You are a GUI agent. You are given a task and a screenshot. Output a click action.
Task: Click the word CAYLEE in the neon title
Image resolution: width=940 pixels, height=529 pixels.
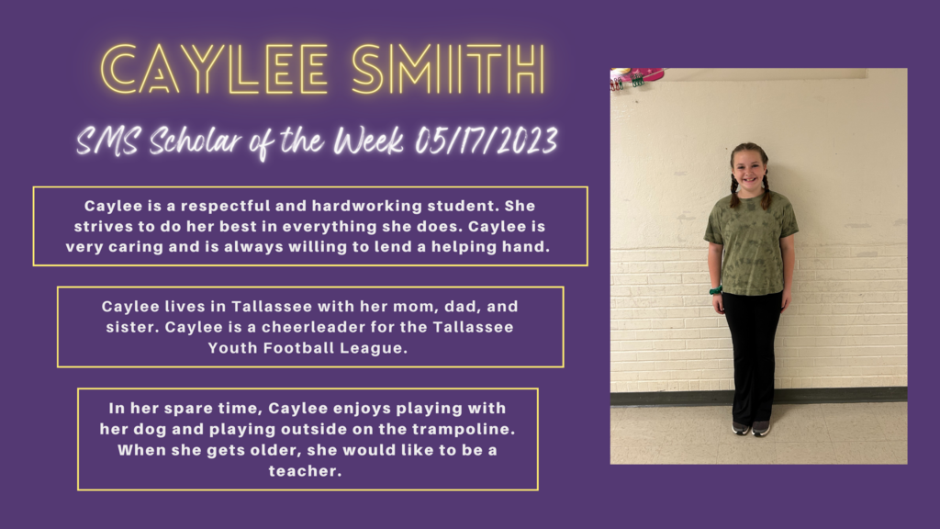(215, 70)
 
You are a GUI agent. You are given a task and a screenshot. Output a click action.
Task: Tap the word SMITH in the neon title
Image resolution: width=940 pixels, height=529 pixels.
(448, 70)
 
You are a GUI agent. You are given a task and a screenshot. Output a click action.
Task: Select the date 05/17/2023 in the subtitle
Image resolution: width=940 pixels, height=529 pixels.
(487, 141)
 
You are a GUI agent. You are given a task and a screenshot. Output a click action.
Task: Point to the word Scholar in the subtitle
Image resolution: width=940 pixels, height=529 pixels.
(195, 141)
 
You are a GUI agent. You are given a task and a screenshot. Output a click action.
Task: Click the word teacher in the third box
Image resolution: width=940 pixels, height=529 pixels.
(305, 471)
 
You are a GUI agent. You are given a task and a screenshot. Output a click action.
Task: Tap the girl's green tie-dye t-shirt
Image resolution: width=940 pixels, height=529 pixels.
(752, 242)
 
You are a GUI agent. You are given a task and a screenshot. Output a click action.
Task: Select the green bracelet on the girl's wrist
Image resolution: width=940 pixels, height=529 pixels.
(716, 291)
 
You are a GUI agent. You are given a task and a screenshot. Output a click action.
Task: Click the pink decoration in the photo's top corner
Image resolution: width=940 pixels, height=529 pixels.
(639, 75)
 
